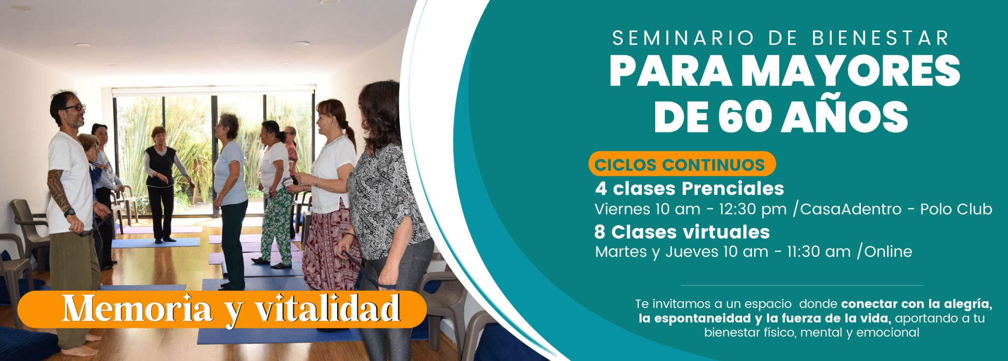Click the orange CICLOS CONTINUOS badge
point(682,164)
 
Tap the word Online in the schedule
point(888,252)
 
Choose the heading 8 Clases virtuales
point(682,231)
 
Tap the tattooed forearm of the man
point(60,190)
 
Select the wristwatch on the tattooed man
point(70,212)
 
